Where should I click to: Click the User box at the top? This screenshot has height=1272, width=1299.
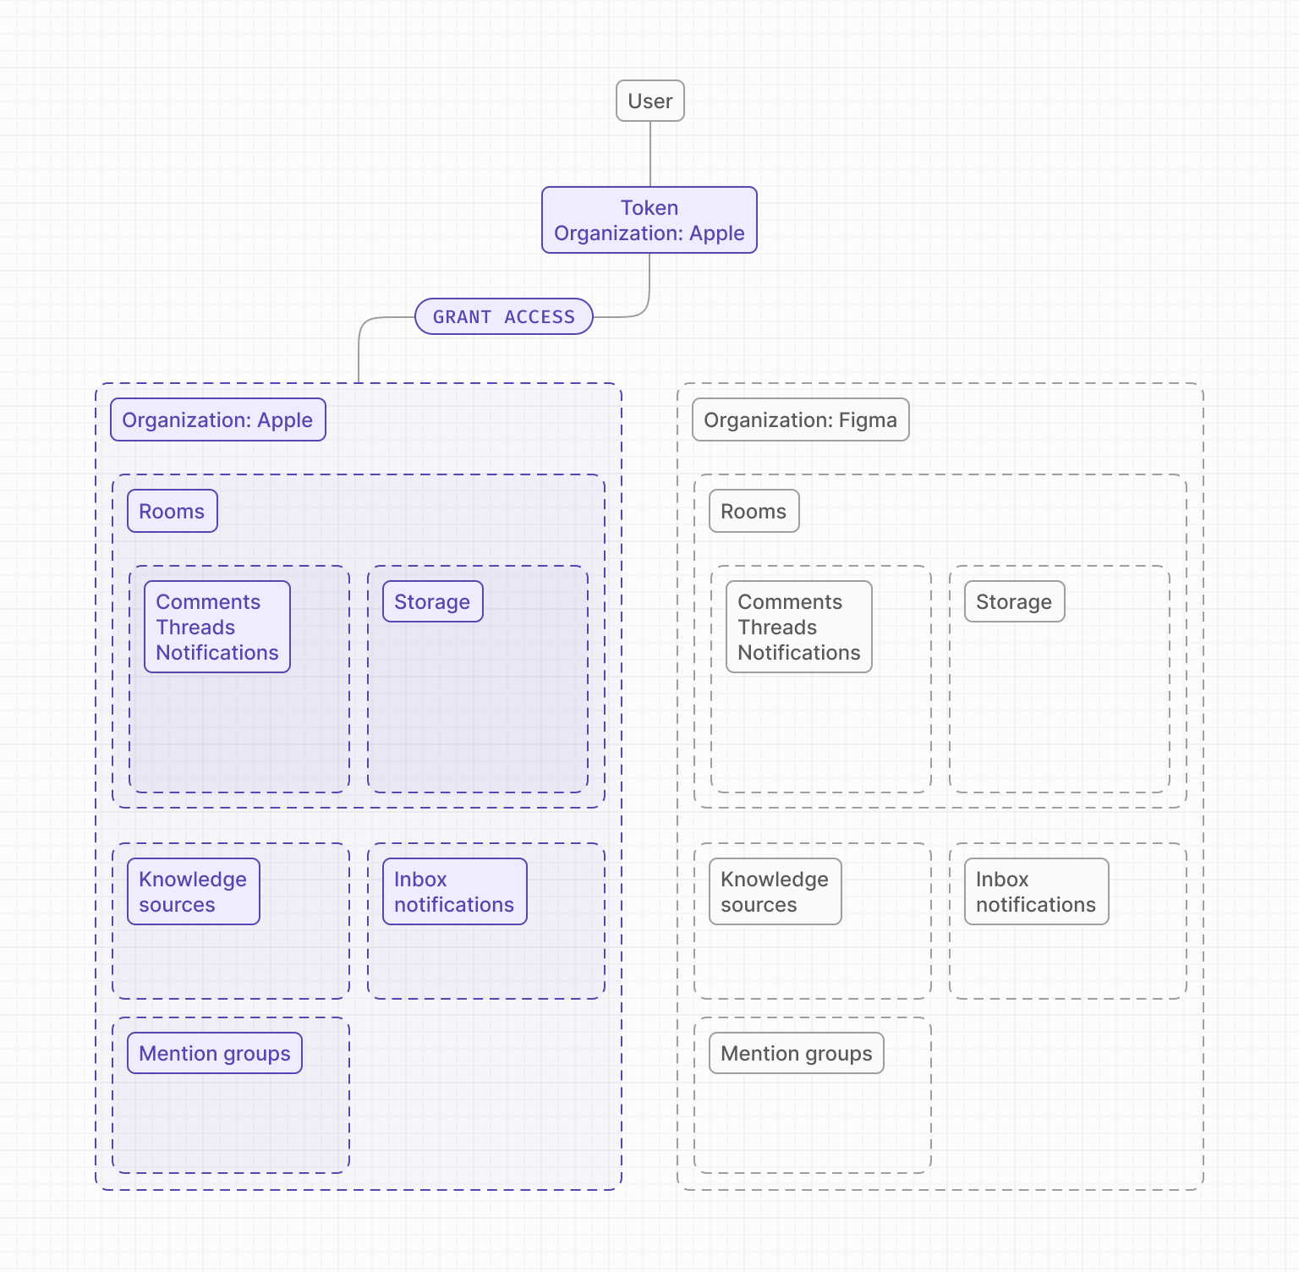649,101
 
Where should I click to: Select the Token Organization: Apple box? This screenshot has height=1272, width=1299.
649,220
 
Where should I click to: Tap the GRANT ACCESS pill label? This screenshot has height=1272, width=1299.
503,316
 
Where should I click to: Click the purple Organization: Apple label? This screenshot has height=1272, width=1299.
217,419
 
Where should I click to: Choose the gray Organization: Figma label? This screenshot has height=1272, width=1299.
800,419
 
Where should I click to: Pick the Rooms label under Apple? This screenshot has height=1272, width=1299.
172,511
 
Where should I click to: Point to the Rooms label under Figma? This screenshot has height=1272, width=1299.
754,511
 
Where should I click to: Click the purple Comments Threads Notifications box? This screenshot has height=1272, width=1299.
216,627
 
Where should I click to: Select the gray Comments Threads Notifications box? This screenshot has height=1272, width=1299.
798,627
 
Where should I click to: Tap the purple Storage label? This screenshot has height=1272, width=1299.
432,601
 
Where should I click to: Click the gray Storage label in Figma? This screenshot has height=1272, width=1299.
1014,601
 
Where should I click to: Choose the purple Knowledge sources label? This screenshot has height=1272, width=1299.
193,891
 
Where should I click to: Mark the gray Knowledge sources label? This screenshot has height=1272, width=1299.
775,891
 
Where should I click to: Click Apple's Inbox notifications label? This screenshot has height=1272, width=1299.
454,891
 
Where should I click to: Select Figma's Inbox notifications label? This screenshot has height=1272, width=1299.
1036,891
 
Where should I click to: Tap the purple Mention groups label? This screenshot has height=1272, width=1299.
214,1053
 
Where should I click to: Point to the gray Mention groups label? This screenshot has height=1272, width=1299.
796,1053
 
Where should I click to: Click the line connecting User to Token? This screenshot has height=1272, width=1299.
649,154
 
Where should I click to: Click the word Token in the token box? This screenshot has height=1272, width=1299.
649,207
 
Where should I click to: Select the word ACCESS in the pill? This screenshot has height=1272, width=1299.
540,316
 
